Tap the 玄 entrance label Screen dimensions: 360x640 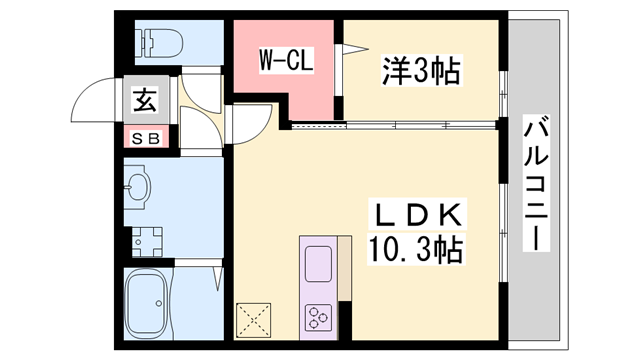pos(145,101)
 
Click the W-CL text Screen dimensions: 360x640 pos(287,60)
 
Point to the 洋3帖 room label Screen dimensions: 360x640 pos(421,70)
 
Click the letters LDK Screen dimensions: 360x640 pos(418,215)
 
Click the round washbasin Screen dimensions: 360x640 pos(138,187)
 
